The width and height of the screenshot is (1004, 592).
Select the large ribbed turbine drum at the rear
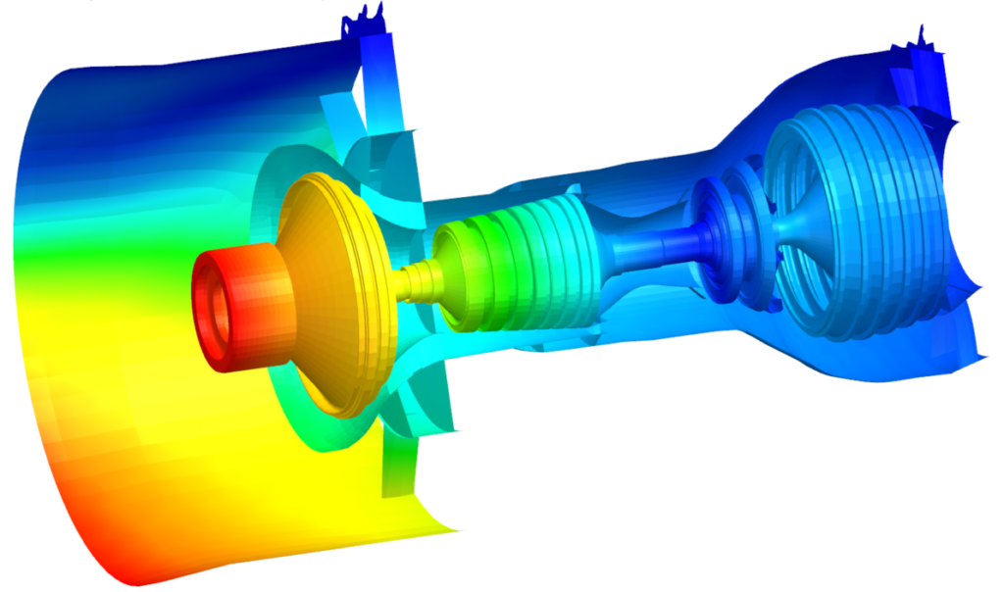coord(863,225)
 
